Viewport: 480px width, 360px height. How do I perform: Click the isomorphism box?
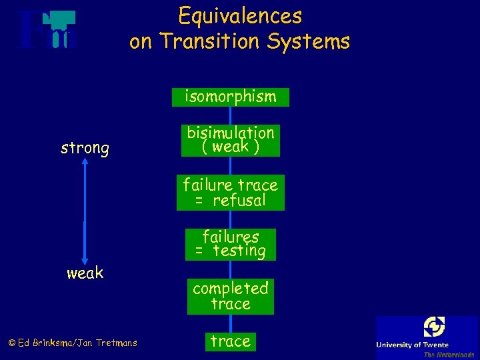point(230,97)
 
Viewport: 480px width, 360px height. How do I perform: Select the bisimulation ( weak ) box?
point(230,140)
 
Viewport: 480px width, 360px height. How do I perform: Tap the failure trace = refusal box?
point(230,192)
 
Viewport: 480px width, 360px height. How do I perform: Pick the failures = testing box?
point(230,244)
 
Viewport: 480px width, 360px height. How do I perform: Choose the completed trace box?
point(230,296)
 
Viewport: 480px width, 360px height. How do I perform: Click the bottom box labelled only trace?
point(230,341)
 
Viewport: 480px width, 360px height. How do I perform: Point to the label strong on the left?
point(85,148)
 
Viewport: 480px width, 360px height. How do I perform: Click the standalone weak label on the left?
point(85,273)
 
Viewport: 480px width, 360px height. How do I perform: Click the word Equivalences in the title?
point(240,15)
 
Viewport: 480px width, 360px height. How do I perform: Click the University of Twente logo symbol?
point(434,327)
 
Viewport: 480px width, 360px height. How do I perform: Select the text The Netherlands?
point(449,355)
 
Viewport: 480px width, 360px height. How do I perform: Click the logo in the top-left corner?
point(47,30)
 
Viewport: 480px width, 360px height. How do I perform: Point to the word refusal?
point(239,200)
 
